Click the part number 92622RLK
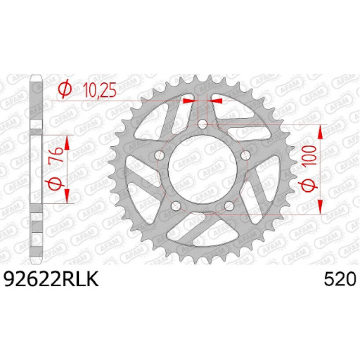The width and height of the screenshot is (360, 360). click(51, 279)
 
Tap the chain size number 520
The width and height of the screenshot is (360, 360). click(339, 279)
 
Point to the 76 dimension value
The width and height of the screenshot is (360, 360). click(56, 154)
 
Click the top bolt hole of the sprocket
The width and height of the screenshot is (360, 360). click(202, 125)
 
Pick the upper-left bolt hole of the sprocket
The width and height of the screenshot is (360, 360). click(159, 155)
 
